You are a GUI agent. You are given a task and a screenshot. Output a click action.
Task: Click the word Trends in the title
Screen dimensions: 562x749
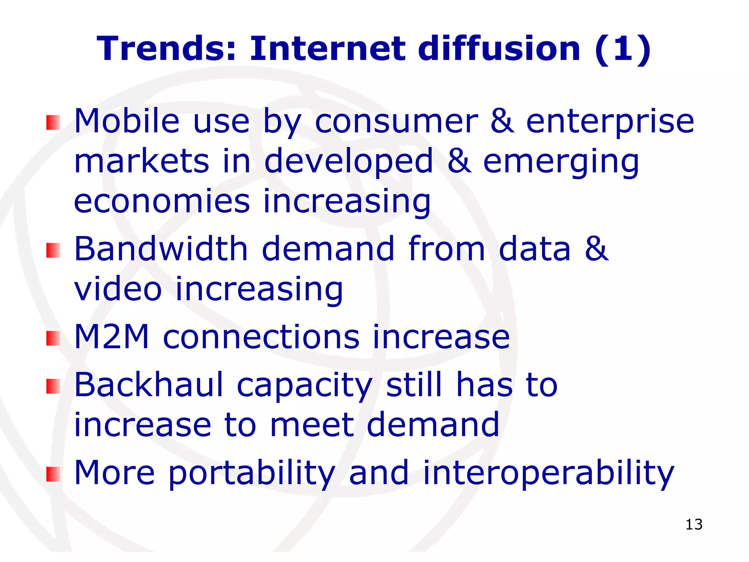point(166,49)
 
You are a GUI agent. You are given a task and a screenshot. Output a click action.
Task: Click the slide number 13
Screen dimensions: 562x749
point(694,524)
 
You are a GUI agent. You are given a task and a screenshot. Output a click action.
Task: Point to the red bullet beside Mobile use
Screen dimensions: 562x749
point(53,123)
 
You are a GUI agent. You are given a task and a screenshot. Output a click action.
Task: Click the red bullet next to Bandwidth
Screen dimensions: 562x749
point(53,251)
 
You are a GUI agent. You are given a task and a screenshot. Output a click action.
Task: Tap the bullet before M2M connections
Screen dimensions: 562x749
point(53,338)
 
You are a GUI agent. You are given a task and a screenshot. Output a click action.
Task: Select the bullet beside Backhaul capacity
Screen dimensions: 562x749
point(53,386)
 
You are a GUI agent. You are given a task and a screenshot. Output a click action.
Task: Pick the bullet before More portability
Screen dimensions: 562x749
point(53,474)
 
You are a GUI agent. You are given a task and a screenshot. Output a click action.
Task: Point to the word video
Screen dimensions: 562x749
point(118,289)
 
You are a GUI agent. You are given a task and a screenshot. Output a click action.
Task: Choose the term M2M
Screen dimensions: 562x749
point(112,337)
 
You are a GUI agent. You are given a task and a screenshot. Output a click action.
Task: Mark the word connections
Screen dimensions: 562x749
point(261,337)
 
